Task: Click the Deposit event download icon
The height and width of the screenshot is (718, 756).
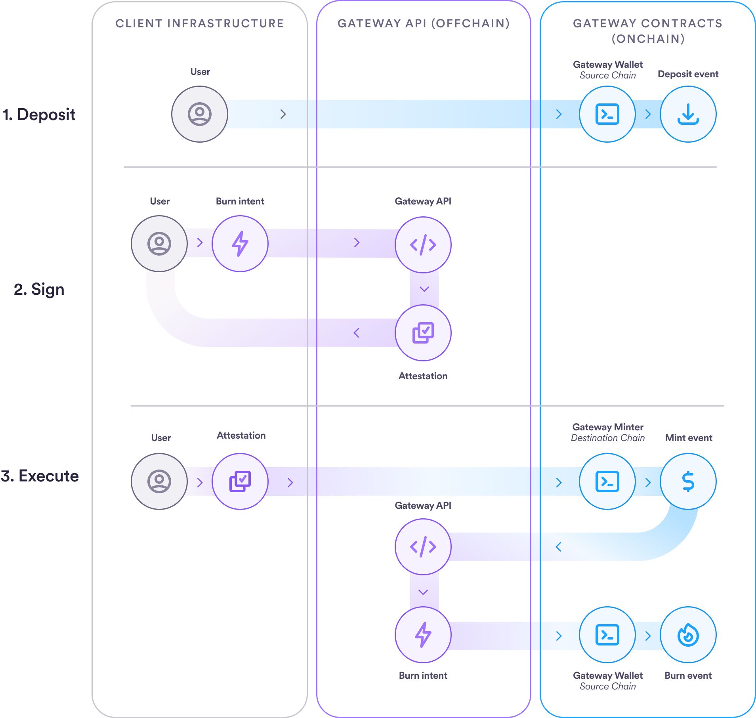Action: (x=688, y=114)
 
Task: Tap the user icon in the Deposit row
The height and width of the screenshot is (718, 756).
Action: (x=199, y=114)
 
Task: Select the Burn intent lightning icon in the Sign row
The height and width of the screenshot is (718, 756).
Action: (x=240, y=244)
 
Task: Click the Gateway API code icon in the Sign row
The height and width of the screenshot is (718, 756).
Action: (x=423, y=244)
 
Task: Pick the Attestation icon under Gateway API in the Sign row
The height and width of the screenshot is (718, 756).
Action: (x=423, y=332)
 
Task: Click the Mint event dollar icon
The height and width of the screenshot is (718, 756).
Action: (x=688, y=481)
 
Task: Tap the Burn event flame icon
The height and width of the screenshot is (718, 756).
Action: (x=688, y=635)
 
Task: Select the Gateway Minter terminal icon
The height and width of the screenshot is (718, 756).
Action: (x=607, y=481)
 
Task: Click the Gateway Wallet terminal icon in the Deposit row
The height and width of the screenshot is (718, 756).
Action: (x=607, y=114)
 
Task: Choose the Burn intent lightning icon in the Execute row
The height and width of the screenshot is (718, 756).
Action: (x=423, y=635)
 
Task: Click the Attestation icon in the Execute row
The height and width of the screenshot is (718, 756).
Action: (x=240, y=481)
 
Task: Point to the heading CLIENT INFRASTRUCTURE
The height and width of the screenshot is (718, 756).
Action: (x=199, y=23)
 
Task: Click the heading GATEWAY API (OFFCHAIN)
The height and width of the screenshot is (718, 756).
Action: (x=424, y=23)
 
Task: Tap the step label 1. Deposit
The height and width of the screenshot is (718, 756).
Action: (x=39, y=115)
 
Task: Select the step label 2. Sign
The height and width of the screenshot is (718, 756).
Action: (x=39, y=289)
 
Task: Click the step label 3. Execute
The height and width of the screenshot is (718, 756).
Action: (x=40, y=476)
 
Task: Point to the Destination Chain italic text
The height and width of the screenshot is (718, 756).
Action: (x=607, y=438)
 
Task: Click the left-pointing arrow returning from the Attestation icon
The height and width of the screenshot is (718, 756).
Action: (x=356, y=333)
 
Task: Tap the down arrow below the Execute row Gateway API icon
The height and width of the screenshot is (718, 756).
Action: (x=423, y=592)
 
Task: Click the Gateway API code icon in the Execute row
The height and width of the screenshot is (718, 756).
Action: (x=423, y=547)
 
